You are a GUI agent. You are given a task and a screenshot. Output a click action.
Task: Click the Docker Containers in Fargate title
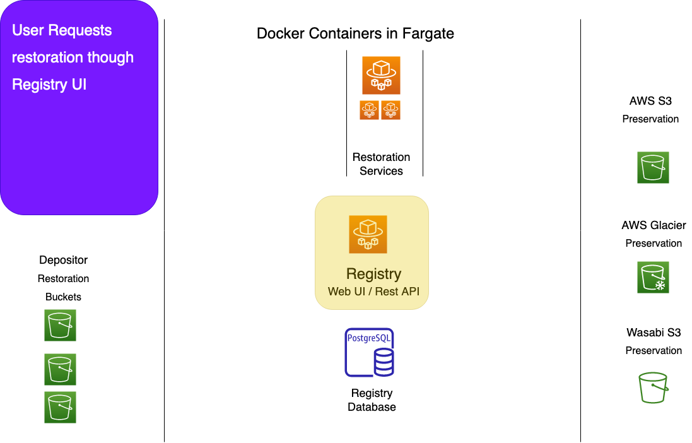[x=355, y=33]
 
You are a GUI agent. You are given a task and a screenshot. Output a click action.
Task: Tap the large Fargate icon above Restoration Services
[x=381, y=75]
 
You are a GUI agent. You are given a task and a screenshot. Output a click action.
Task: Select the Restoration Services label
[x=381, y=164]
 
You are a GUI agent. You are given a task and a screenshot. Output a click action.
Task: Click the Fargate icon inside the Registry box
[x=368, y=234]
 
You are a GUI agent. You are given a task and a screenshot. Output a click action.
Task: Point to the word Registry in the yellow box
[x=374, y=275]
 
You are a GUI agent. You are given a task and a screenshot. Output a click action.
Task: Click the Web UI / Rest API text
[x=374, y=292]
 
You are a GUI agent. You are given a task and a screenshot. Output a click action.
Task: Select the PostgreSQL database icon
[x=370, y=353]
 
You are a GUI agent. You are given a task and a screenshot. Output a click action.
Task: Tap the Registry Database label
[x=372, y=399]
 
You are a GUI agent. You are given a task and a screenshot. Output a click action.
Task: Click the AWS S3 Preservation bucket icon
[x=653, y=167]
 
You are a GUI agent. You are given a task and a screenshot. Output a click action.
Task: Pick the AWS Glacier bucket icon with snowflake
[x=653, y=278]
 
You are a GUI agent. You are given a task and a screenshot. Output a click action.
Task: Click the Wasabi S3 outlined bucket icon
[x=653, y=387]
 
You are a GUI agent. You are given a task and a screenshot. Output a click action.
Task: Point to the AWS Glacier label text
[x=654, y=225]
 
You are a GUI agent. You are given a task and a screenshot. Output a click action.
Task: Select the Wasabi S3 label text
[x=654, y=332]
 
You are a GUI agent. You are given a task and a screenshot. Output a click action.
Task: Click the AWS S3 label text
[x=650, y=101]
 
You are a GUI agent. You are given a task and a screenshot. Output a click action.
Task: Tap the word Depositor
[x=63, y=260]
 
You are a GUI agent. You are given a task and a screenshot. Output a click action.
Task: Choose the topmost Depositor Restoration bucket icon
[x=60, y=325]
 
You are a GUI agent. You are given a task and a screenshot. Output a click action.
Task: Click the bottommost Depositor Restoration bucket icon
[x=60, y=407]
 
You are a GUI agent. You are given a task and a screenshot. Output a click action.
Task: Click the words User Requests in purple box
[x=62, y=30]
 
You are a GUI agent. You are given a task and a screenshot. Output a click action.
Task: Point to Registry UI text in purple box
[x=49, y=85]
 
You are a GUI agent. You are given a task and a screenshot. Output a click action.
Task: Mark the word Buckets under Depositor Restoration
[x=63, y=297]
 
